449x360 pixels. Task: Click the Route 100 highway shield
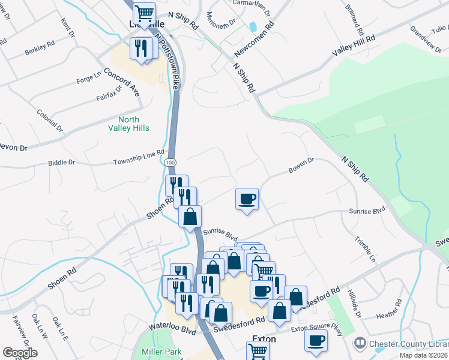coord(170,163)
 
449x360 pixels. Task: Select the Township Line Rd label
coord(139,158)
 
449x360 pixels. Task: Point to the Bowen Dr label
coord(301,165)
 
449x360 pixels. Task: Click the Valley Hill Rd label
coord(354,46)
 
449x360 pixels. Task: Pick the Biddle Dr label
coord(62,163)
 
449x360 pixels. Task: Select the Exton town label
coord(264,339)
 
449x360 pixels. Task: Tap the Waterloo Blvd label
coord(172,330)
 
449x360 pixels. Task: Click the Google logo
coord(20,353)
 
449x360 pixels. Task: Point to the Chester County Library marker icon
coord(360,343)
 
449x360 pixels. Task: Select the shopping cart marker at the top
coord(143,12)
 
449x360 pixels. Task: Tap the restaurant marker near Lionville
coord(142,49)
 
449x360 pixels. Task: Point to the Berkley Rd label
coord(40,51)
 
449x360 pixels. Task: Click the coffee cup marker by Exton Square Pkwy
coord(316,341)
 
